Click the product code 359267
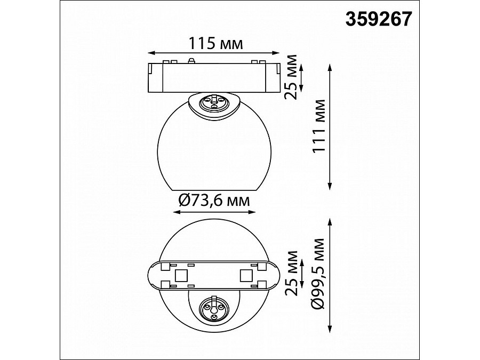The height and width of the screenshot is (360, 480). (379, 19)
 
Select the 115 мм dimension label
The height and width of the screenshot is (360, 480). (215, 43)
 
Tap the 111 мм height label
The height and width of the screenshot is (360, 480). (318, 126)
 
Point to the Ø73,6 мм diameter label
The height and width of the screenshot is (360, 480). (214, 201)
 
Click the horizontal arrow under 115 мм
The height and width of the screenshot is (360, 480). (214, 53)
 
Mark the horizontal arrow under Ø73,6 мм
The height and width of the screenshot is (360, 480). (214, 212)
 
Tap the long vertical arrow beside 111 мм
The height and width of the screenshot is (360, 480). (330, 127)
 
